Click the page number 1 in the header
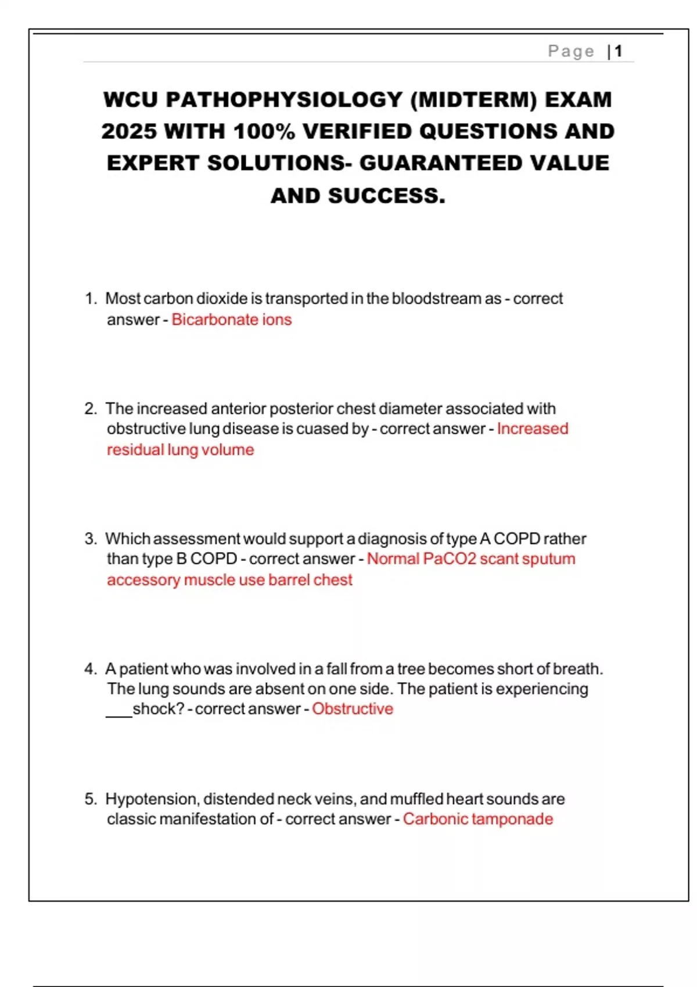coord(619,51)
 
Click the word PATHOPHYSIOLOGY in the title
coord(284,99)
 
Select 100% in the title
coord(264,131)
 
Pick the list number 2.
coord(90,409)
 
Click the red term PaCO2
coord(450,559)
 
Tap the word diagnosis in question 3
coord(392,539)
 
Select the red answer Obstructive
coord(353,709)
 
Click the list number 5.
coord(90,799)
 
